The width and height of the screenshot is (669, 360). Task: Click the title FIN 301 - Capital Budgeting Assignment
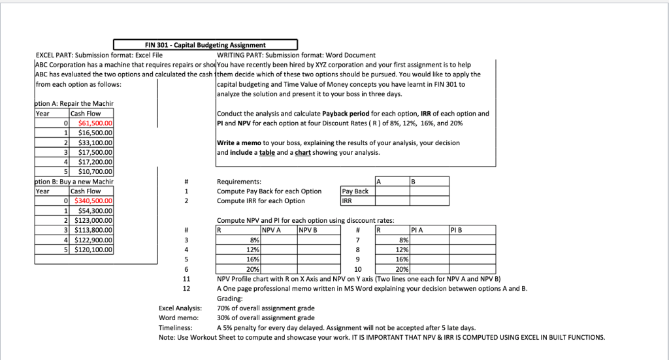click(205, 44)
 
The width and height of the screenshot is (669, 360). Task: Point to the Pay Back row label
click(355, 191)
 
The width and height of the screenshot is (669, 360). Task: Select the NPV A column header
click(271, 230)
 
